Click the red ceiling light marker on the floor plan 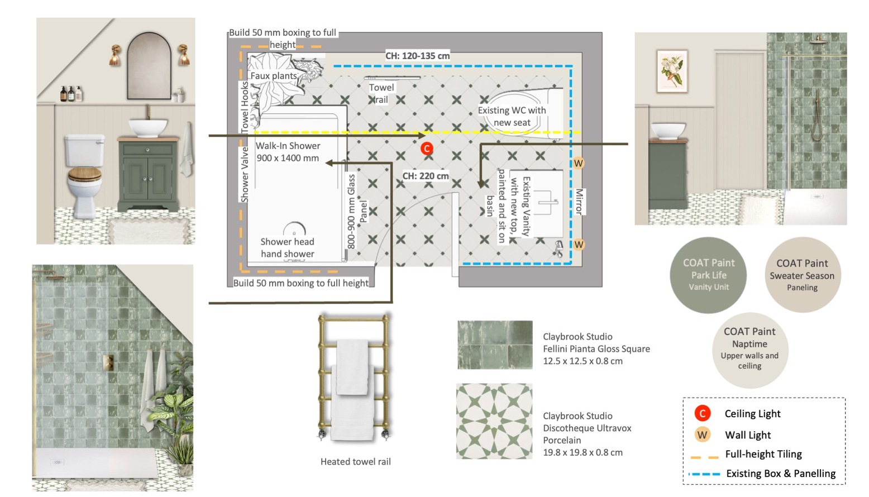tap(427, 148)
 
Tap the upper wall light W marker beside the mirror tap(579, 163)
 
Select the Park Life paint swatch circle tap(708, 275)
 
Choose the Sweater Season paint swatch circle tap(803, 275)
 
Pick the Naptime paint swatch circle tap(750, 350)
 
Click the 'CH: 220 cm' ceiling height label tap(426, 176)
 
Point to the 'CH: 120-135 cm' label tap(417, 56)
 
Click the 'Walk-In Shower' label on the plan tap(288, 146)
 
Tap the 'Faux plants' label tap(274, 75)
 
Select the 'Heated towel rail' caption tap(355, 462)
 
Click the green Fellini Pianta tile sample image tap(495, 345)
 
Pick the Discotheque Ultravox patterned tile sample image tap(494, 422)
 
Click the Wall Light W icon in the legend tap(702, 435)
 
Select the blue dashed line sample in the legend tap(704, 474)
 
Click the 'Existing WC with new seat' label tap(512, 116)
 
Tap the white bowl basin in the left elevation tap(148, 128)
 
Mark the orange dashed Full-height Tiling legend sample tap(704, 457)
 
